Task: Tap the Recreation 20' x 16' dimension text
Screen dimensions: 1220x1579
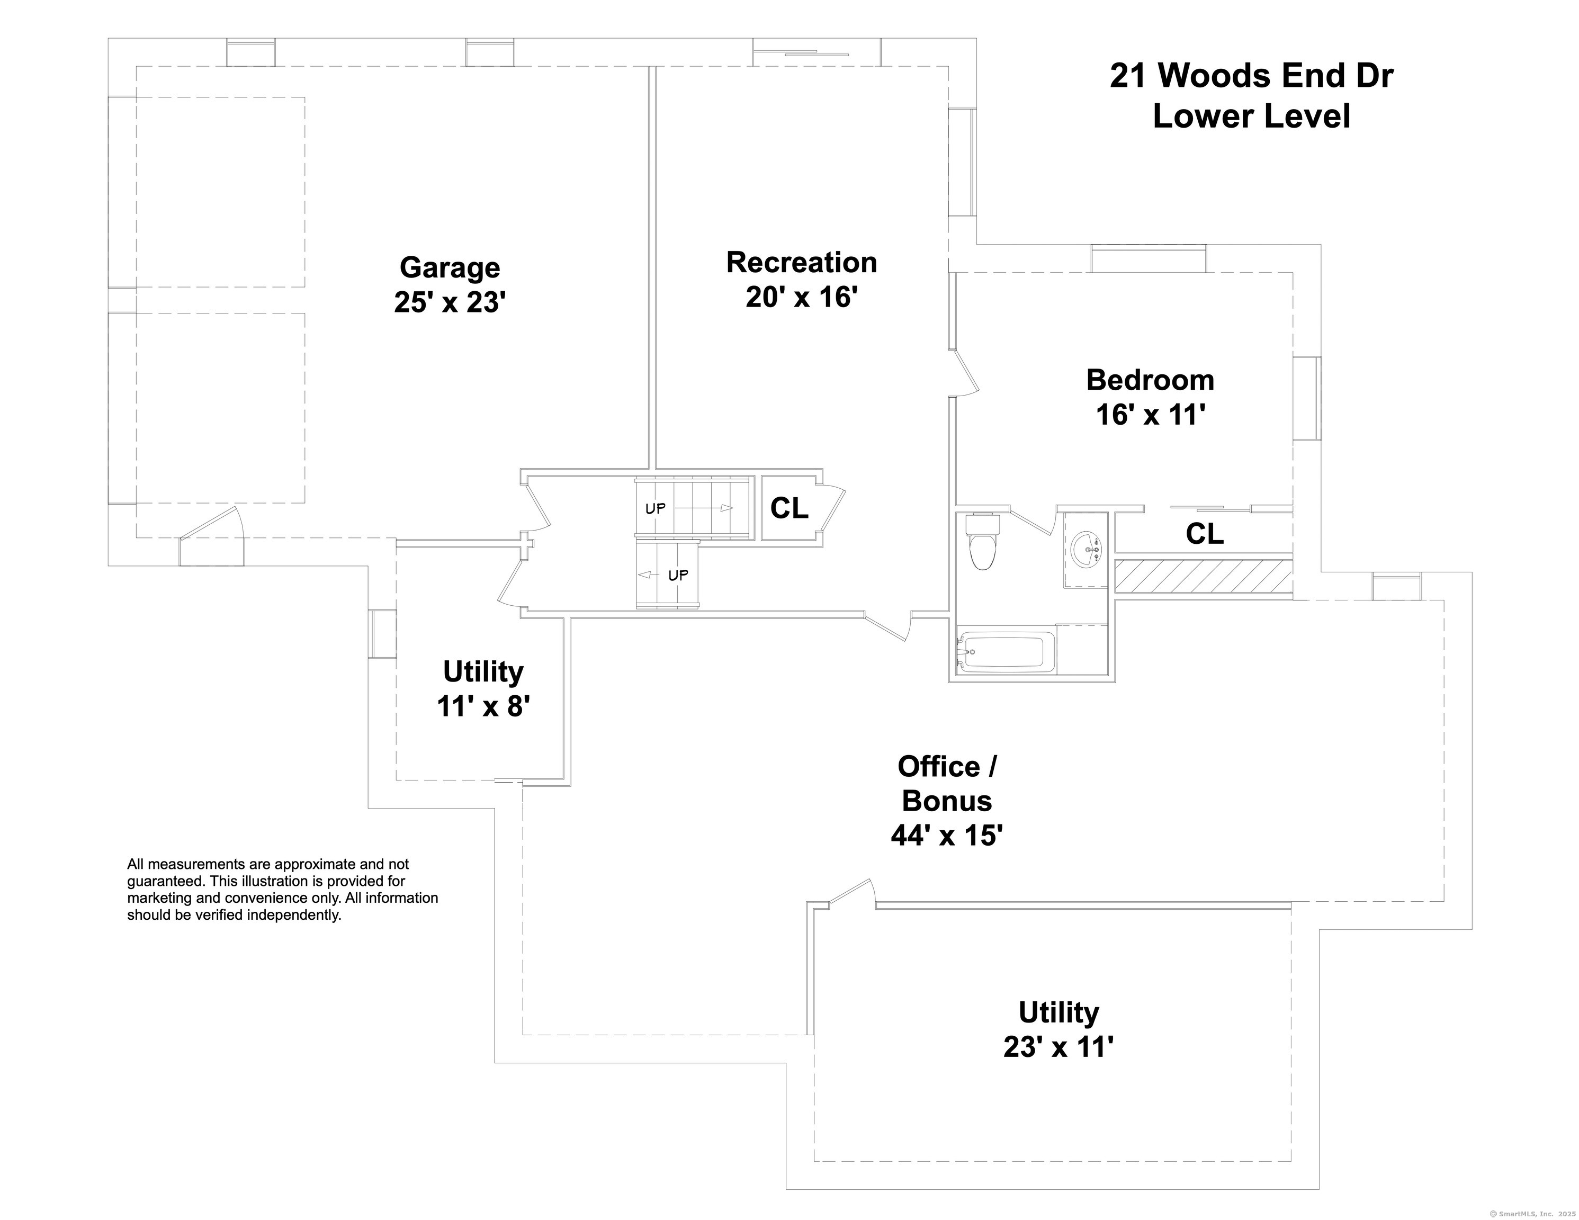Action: pyautogui.click(x=801, y=297)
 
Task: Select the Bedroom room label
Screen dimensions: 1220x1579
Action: pyautogui.click(x=1150, y=380)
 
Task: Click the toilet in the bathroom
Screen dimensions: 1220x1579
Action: pyautogui.click(x=982, y=546)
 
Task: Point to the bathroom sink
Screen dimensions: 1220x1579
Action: pyautogui.click(x=1086, y=550)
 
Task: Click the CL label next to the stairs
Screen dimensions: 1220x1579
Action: pyautogui.click(x=789, y=509)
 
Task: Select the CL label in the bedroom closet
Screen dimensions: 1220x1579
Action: pyautogui.click(x=1205, y=534)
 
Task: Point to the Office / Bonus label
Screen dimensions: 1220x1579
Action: pyautogui.click(x=946, y=800)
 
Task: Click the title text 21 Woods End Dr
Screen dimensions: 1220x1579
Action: pyautogui.click(x=1251, y=76)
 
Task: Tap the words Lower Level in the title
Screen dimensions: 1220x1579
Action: pyautogui.click(x=1251, y=116)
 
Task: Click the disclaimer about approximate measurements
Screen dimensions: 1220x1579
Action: pyautogui.click(x=282, y=890)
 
